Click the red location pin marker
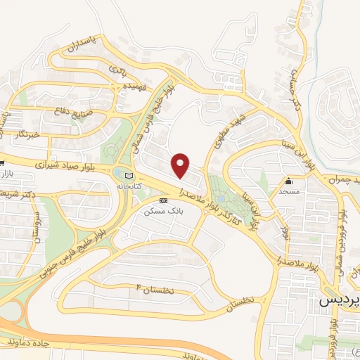pyautogui.click(x=181, y=165)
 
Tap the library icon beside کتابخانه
pyautogui.click(x=127, y=176)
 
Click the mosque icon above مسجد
pyautogui.click(x=288, y=181)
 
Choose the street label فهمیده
pyautogui.click(x=134, y=87)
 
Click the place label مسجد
pyautogui.click(x=288, y=191)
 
